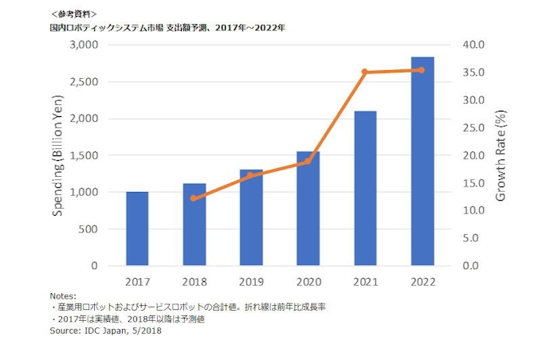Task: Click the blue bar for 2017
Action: tap(137, 229)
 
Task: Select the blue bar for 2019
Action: tap(251, 217)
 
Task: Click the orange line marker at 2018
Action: tap(194, 198)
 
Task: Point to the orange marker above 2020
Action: tap(308, 162)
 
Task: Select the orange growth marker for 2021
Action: tap(365, 72)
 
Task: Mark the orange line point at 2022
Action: tap(422, 70)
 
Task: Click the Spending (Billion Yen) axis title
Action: tap(61, 155)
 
